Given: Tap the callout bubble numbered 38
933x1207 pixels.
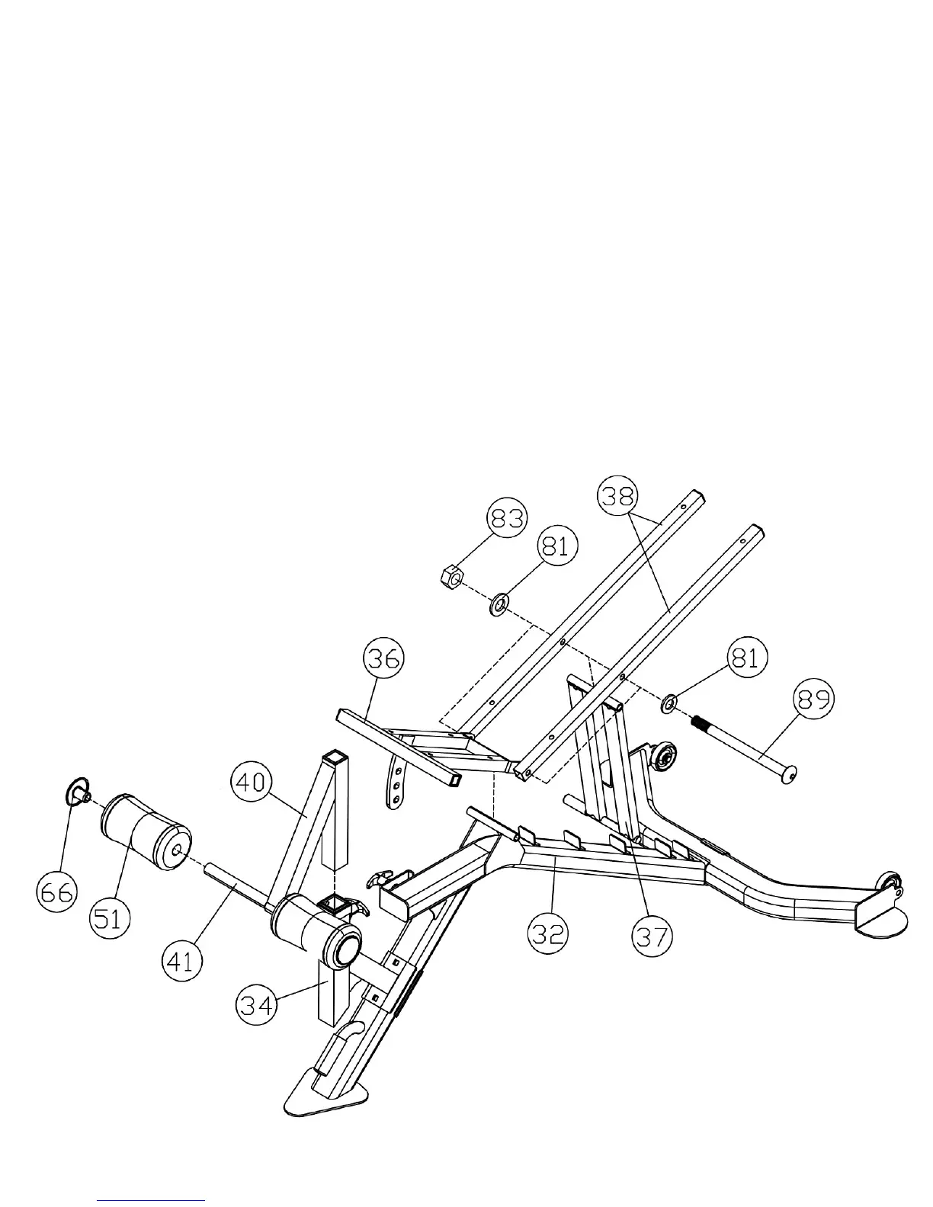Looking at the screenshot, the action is [618, 496].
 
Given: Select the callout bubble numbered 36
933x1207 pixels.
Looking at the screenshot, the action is [383, 657].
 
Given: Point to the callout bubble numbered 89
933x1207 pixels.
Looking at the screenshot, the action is [814, 699].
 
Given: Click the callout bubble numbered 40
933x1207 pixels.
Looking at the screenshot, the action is [252, 783].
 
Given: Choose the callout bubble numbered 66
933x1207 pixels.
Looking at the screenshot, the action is [57, 891].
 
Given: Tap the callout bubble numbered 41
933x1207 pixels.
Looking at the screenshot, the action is [182, 961].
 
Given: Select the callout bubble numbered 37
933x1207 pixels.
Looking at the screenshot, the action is [652, 936].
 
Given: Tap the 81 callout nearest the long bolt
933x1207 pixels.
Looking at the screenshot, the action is [747, 657].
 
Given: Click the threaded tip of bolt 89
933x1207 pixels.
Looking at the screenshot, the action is [700, 722].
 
